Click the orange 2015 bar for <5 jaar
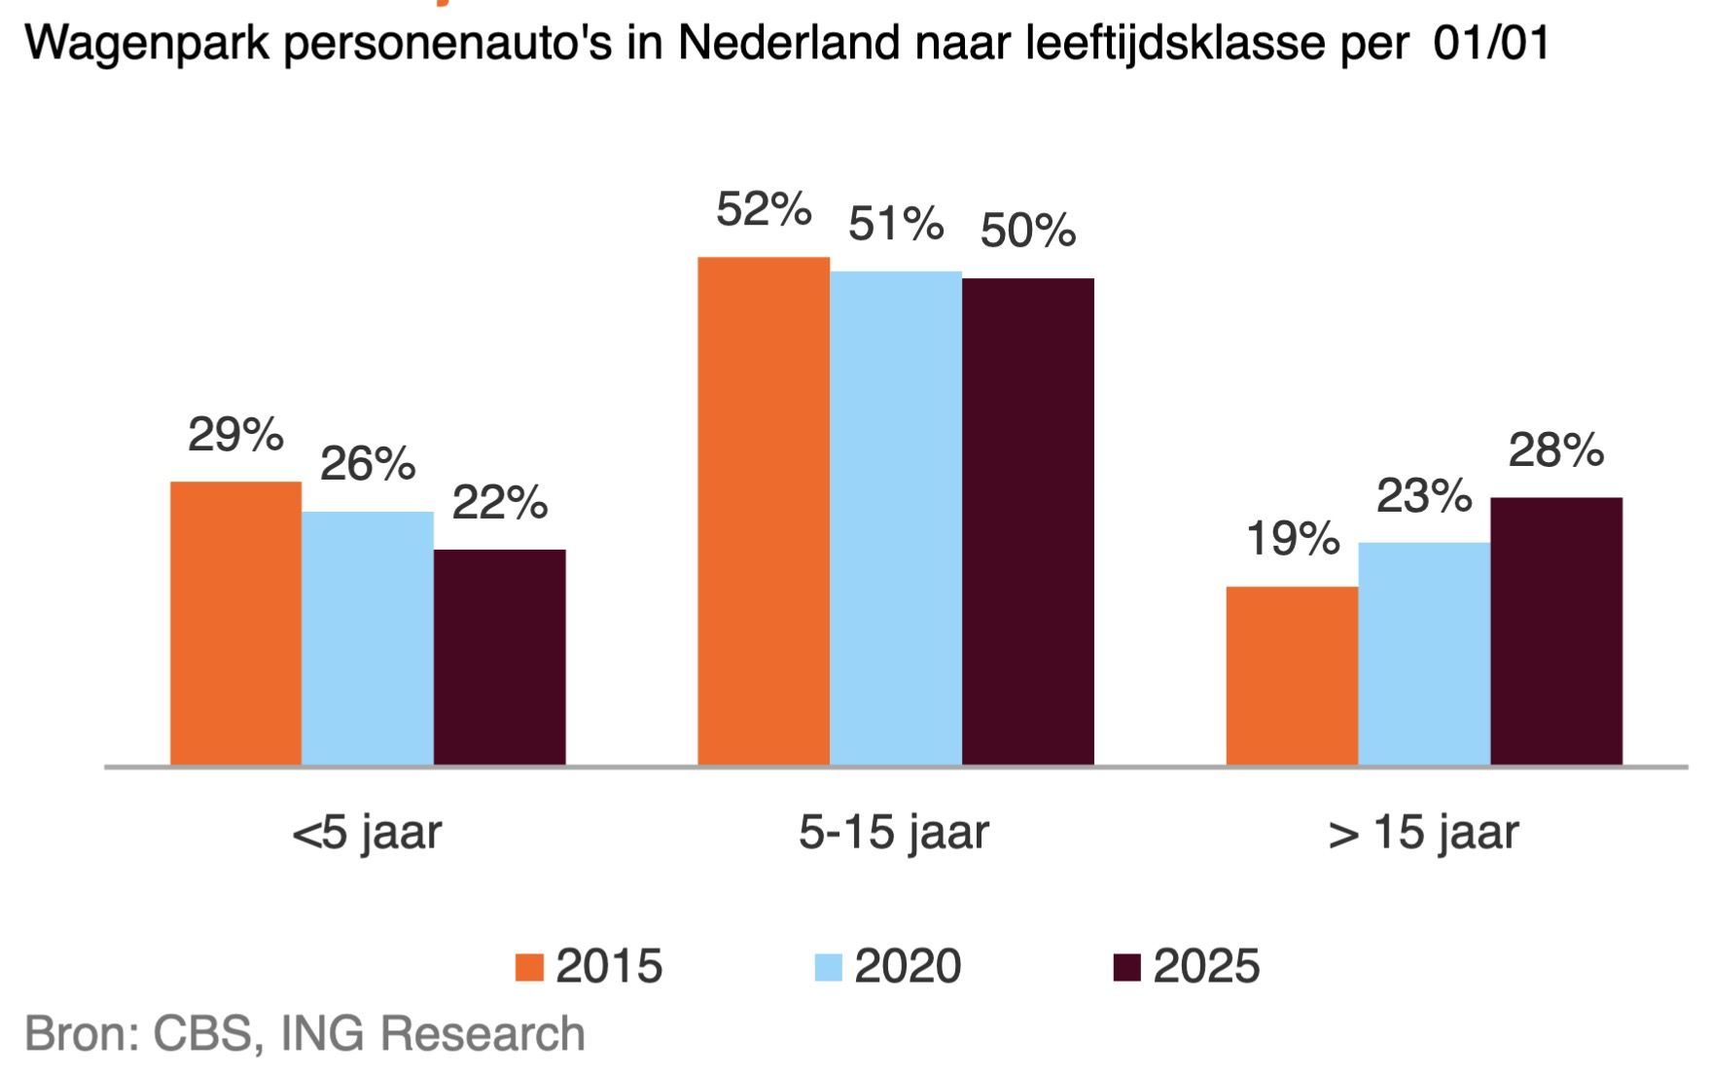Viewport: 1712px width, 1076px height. pyautogui.click(x=235, y=623)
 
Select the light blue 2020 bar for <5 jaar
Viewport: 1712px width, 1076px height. pyautogui.click(x=368, y=638)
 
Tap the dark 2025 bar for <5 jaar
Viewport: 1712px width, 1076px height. pyautogui.click(x=499, y=657)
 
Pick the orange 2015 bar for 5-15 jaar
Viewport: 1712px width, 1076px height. pyautogui.click(x=764, y=511)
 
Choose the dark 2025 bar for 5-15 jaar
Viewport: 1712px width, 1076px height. pyautogui.click(x=1028, y=521)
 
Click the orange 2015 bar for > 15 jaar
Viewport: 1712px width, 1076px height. pyautogui.click(x=1292, y=675)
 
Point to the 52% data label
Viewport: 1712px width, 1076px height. pyautogui.click(x=764, y=209)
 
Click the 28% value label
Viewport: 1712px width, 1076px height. pyautogui.click(x=1555, y=450)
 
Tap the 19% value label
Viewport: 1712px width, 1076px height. pyautogui.click(x=1292, y=539)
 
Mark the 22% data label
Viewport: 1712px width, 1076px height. pyautogui.click(x=499, y=503)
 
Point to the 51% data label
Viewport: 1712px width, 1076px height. pyautogui.click(x=895, y=224)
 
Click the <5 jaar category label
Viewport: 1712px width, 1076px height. pyautogui.click(x=367, y=833)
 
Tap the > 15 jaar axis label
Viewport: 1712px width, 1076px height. pyautogui.click(x=1423, y=833)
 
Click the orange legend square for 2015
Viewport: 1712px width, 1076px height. pyautogui.click(x=529, y=967)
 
